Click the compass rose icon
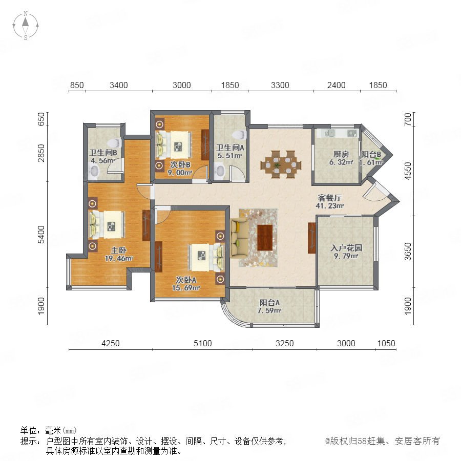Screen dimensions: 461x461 26,25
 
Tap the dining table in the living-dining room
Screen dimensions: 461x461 281,164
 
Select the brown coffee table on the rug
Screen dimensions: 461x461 265,238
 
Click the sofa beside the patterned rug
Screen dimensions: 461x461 239,238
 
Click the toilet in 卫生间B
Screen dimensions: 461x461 114,143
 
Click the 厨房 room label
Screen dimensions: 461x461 341,154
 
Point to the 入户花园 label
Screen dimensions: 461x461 346,248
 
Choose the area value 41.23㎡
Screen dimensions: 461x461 329,206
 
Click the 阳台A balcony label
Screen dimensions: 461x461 269,302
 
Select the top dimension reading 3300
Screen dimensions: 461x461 280,85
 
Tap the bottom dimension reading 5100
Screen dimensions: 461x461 202,343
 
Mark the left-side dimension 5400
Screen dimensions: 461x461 41,235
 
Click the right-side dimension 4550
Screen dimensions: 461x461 408,171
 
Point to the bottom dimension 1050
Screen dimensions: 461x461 386,343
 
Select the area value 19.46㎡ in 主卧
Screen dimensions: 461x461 119,259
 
